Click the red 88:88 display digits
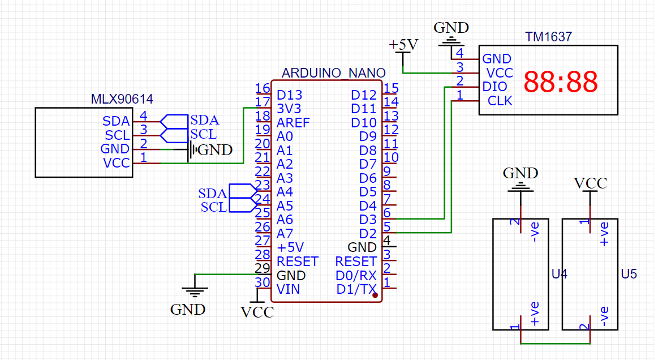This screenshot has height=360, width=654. [x=560, y=83]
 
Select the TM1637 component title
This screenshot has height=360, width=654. [x=548, y=37]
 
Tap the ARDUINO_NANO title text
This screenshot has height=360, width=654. [x=333, y=73]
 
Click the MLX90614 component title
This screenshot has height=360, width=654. [x=122, y=99]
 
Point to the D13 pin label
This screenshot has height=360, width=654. [x=289, y=95]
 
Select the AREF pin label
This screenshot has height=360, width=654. [x=293, y=122]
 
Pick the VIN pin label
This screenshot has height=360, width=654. [x=288, y=289]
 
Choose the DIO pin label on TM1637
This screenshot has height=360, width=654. [x=494, y=87]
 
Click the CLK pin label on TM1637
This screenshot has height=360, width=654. [x=500, y=101]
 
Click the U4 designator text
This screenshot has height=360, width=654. [x=559, y=274]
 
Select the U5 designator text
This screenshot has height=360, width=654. [x=629, y=274]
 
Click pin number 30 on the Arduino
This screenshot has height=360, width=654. [x=262, y=282]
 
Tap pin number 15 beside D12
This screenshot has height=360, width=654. [x=391, y=88]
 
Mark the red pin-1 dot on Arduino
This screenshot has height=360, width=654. [x=375, y=295]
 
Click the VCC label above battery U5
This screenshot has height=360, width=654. [x=590, y=183]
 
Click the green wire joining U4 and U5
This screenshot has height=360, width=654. [x=554, y=343]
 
